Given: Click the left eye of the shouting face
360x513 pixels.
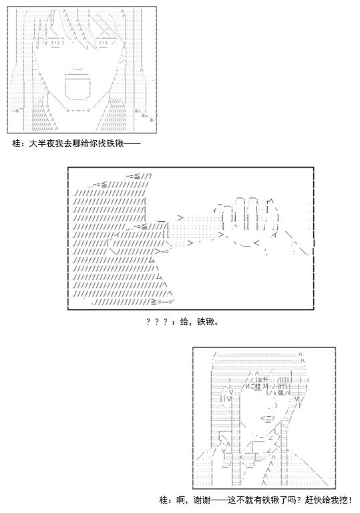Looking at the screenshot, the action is (56, 43).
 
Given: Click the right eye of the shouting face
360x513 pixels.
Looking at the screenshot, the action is (103, 43).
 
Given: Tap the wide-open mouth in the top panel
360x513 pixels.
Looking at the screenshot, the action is (77, 86).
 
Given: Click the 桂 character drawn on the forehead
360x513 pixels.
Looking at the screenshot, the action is (258, 386).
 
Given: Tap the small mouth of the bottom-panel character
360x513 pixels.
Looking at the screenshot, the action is (267, 417).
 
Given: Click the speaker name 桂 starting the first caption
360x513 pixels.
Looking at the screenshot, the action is (16, 144).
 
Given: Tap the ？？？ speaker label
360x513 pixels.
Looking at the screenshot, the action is (157, 322).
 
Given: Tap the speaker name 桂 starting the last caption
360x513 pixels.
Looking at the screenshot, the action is (164, 500).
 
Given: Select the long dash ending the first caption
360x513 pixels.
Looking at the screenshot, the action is (132, 144).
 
